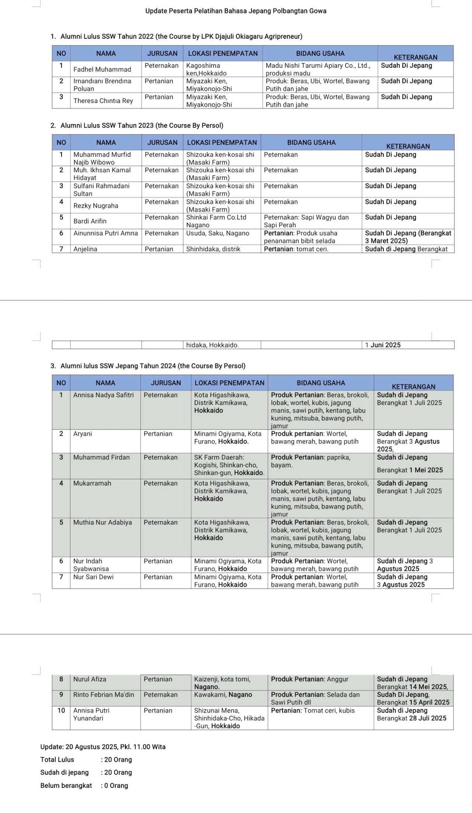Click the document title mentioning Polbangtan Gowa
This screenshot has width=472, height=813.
click(236, 11)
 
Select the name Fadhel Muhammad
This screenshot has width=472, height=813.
click(102, 69)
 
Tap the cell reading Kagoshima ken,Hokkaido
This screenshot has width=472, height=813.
click(206, 69)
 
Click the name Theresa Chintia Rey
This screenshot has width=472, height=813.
click(103, 101)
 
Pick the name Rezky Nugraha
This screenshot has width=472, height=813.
click(96, 206)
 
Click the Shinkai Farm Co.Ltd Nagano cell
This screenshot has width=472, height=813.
click(216, 221)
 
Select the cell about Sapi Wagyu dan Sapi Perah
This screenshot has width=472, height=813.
click(306, 221)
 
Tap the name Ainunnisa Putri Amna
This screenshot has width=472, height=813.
click(105, 233)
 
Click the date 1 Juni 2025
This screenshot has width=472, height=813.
click(383, 345)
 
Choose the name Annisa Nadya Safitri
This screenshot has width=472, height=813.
click(103, 395)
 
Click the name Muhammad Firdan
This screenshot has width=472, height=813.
click(101, 457)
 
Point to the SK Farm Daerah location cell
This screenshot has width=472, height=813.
click(229, 465)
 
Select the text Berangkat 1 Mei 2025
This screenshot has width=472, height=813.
click(410, 470)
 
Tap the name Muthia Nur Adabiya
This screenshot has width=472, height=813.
click(103, 522)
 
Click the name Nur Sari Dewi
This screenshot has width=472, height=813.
click(93, 577)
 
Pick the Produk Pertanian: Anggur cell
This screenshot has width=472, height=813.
click(309, 679)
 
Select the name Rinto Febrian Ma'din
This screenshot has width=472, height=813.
click(104, 695)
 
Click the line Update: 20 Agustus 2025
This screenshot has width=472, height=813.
click(103, 747)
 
